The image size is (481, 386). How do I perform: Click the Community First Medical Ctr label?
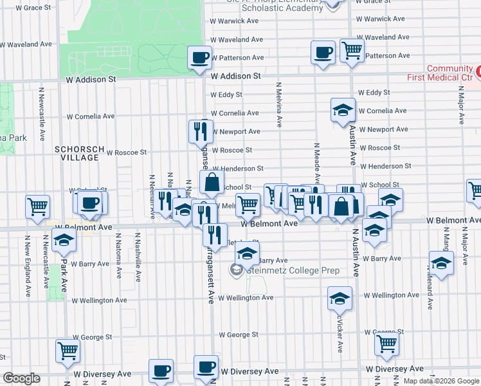pos(449,73)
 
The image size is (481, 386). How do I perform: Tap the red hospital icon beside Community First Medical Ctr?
pos(478,69)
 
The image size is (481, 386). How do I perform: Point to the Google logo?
pos(21,378)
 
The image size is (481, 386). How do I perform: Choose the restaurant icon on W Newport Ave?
pos(201,131)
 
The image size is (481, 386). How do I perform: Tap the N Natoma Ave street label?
pos(118,255)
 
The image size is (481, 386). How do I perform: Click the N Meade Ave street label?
pos(316,161)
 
